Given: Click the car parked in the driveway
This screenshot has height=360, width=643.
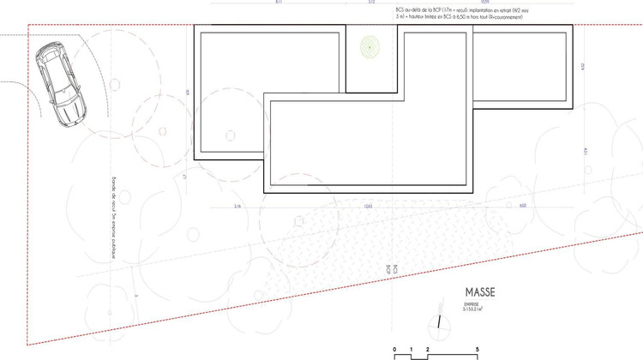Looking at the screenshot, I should coord(58,87).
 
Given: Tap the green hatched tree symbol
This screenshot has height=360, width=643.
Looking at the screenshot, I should coord(370,48).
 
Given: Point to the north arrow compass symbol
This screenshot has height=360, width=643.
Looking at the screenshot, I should coord(437,322).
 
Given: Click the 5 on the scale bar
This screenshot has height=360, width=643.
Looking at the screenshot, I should coord(477,350).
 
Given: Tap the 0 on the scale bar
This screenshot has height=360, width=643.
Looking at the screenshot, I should coord(395,350).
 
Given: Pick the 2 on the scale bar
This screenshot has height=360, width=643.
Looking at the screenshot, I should coord(427,350).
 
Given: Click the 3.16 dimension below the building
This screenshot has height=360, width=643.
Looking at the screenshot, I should coord(237,207).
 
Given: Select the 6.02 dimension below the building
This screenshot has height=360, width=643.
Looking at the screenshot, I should coord(523,207).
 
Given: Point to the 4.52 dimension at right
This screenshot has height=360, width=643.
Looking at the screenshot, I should coord(582,66).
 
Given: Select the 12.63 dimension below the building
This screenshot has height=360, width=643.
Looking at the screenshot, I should coord(367,207).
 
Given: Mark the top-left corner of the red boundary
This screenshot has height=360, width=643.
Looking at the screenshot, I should coord(28,26).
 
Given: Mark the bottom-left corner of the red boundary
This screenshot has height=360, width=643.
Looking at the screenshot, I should coord(28,345).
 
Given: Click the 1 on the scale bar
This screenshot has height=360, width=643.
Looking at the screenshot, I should coord(412,350).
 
